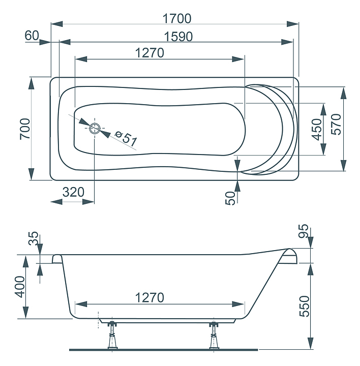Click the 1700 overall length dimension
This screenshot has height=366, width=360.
pyautogui.click(x=177, y=18)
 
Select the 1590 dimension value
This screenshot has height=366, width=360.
pyautogui.click(x=178, y=37)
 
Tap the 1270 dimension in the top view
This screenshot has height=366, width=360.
pyautogui.click(x=149, y=53)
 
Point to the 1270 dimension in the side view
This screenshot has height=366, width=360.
pyautogui.click(x=149, y=297)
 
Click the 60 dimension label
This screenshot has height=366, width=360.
pyautogui.click(x=32, y=36)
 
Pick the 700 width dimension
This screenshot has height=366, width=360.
pyautogui.click(x=25, y=129)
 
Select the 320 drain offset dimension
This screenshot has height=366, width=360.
pyautogui.click(x=73, y=192)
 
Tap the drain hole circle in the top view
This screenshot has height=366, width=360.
pyautogui.click(x=95, y=128)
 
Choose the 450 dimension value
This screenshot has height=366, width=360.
pyautogui.click(x=317, y=129)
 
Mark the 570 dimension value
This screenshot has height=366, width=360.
pyautogui.click(x=336, y=124)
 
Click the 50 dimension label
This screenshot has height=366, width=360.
pyautogui.click(x=230, y=198)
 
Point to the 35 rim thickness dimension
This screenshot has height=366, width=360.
pyautogui.click(x=33, y=238)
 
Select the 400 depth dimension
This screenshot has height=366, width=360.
pyautogui.click(x=20, y=287)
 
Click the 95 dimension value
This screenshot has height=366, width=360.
pyautogui.click(x=304, y=231)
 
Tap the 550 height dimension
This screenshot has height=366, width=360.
pyautogui.click(x=305, y=306)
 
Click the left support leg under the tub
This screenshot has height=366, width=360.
pyautogui.click(x=112, y=335)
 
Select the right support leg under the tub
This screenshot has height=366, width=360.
pyautogui.click(x=214, y=335)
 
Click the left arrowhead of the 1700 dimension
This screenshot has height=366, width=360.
pyautogui.click(x=57, y=24)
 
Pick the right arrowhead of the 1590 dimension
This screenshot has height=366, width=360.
pyautogui.click(x=287, y=42)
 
